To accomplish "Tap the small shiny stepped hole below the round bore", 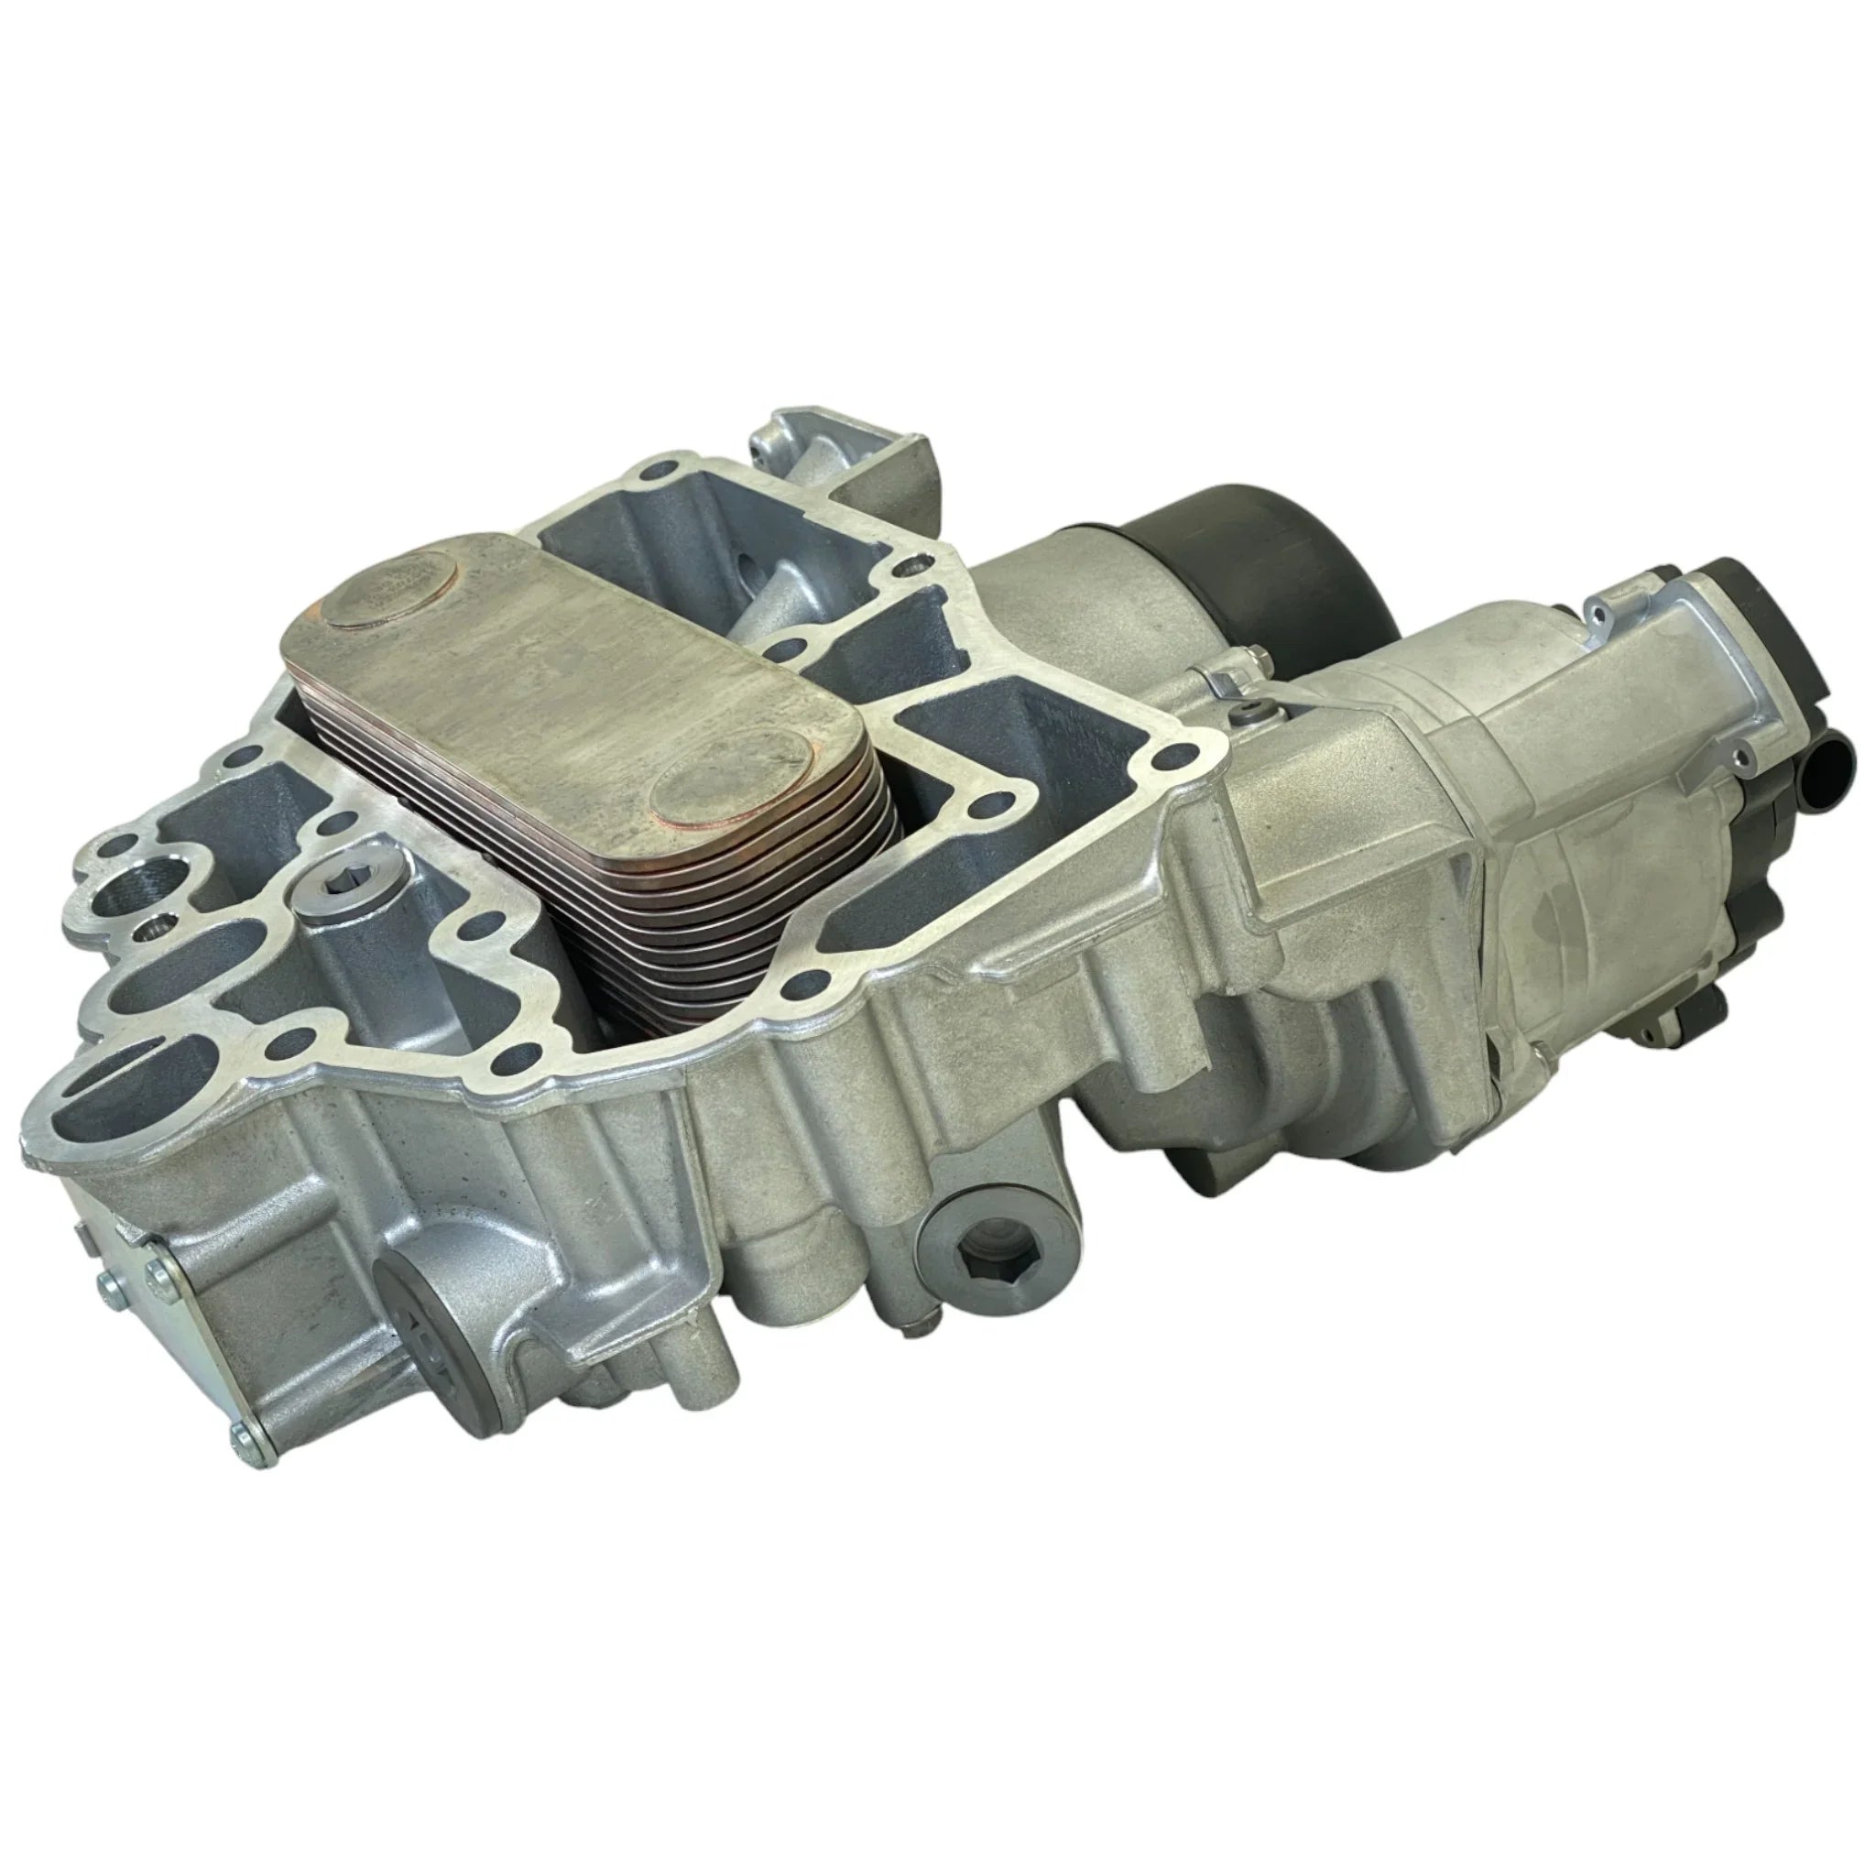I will pyautogui.click(x=153, y=933).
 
